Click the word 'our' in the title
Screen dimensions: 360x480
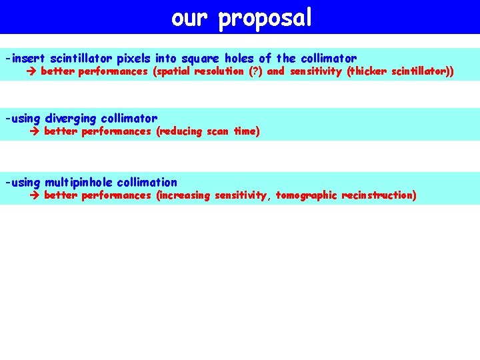pyautogui.click(x=191, y=18)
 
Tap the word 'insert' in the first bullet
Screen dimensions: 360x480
pyautogui.click(x=28, y=59)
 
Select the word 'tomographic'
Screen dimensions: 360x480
pyautogui.click(x=306, y=196)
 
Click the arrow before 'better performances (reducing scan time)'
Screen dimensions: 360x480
pyautogui.click(x=36, y=132)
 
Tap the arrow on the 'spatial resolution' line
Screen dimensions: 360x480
pyautogui.click(x=33, y=72)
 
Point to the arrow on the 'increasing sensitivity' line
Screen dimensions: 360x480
pyautogui.click(x=36, y=196)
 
